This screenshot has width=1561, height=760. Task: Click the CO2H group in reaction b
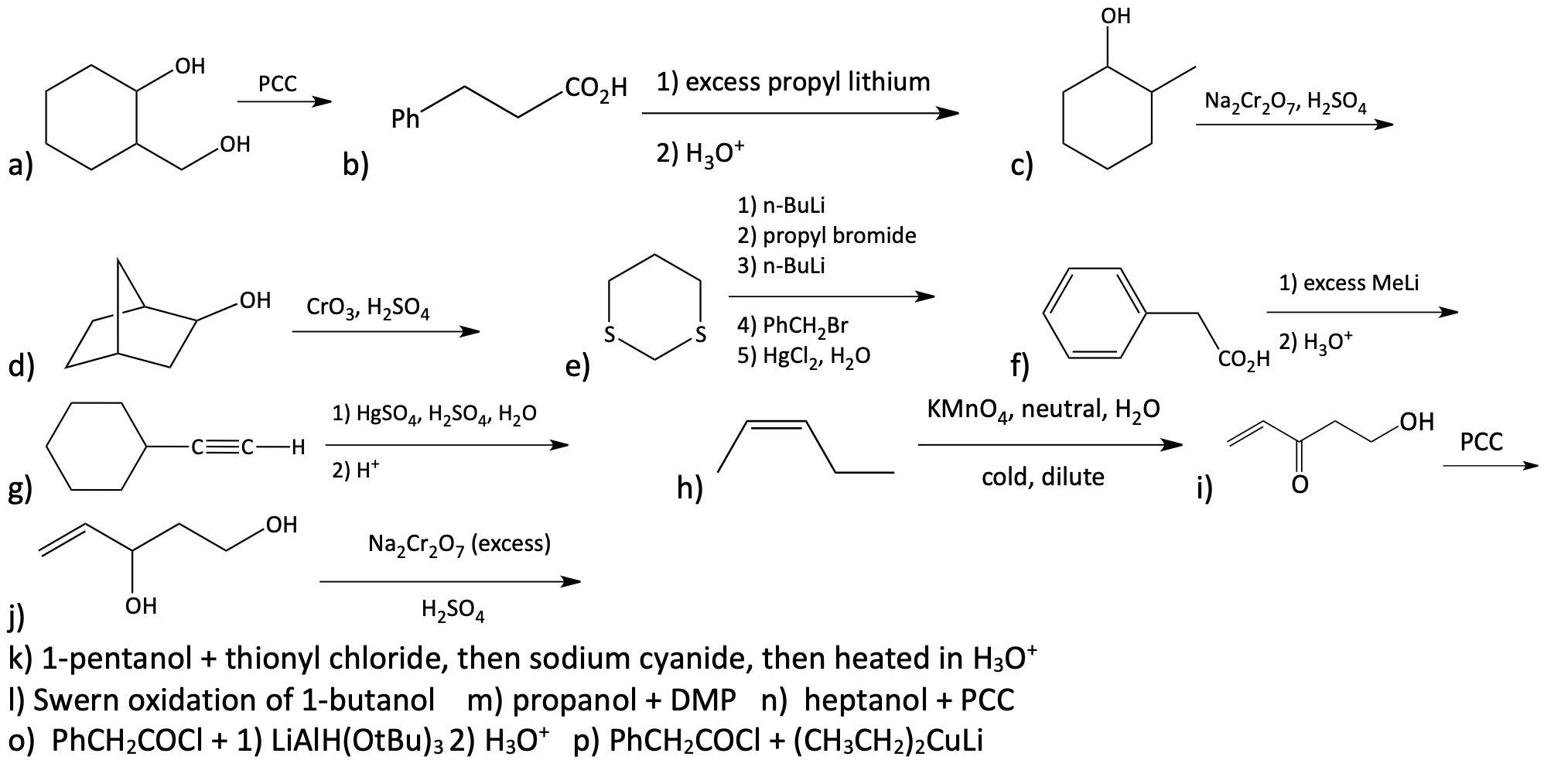pyautogui.click(x=596, y=87)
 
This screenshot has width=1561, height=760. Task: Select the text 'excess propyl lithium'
pyautogui.click(x=808, y=81)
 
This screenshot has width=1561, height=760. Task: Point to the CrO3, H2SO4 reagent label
pyautogui.click(x=368, y=309)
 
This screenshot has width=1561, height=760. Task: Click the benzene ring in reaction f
pyautogui.click(x=1095, y=313)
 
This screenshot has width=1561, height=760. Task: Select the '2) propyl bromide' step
pyautogui.click(x=827, y=235)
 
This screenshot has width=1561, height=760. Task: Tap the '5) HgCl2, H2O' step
pyautogui.click(x=804, y=355)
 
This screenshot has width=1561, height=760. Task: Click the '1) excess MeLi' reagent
pyautogui.click(x=1349, y=283)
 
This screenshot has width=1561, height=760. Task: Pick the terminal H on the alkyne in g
pyautogui.click(x=297, y=447)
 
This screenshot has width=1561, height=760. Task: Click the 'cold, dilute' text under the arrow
pyautogui.click(x=1043, y=477)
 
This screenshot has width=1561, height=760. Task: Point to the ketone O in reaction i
pyautogui.click(x=1300, y=485)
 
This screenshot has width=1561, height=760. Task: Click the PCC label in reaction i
pyautogui.click(x=1481, y=442)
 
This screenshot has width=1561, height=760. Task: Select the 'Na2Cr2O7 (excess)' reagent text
pyautogui.click(x=459, y=545)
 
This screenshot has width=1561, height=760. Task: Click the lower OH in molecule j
pyautogui.click(x=142, y=605)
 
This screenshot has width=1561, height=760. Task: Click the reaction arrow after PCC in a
pyautogui.click(x=284, y=102)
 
